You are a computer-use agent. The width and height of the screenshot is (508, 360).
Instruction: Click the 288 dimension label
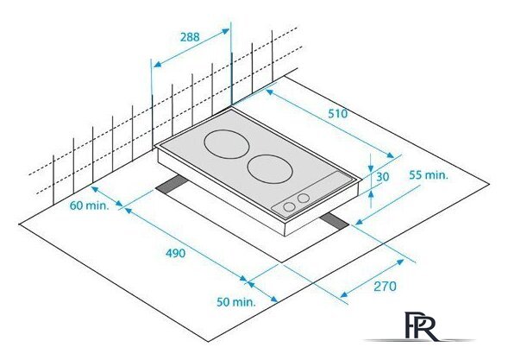click(190, 37)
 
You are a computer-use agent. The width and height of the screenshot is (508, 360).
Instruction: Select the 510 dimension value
click(337, 114)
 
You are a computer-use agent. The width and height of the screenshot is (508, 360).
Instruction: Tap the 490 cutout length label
click(175, 253)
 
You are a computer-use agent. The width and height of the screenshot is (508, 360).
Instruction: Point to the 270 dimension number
click(385, 287)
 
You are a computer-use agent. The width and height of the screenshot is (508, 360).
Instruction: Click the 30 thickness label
click(383, 177)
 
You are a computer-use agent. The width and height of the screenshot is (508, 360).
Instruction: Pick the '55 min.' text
click(429, 175)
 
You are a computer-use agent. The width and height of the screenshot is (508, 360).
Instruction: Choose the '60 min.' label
click(89, 205)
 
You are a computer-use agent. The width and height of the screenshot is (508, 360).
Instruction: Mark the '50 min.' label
click(236, 302)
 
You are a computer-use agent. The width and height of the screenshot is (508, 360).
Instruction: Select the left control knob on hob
click(289, 207)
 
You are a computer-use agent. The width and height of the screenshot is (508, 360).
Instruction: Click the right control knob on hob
click(304, 198)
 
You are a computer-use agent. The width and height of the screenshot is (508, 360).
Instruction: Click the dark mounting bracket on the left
click(172, 185)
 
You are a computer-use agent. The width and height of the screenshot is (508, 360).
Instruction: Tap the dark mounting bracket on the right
click(335, 222)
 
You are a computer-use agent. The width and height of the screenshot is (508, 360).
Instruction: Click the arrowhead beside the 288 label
click(225, 31)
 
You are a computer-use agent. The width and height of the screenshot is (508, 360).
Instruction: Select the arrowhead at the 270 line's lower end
click(344, 294)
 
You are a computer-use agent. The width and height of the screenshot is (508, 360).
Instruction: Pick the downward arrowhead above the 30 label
click(371, 168)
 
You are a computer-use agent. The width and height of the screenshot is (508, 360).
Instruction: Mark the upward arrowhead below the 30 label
click(371, 194)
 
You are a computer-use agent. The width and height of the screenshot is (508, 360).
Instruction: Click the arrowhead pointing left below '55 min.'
click(359, 222)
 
